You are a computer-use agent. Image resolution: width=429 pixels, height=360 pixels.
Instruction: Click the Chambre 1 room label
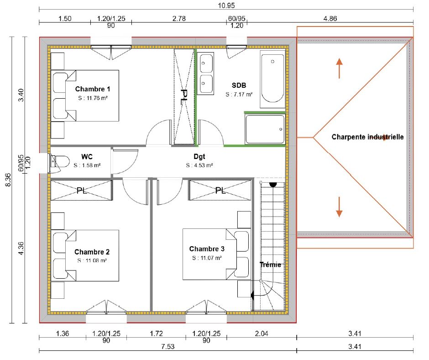93,89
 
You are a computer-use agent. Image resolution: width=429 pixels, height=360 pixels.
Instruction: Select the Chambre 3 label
207,249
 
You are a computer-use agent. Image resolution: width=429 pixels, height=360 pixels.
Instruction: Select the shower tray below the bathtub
265,129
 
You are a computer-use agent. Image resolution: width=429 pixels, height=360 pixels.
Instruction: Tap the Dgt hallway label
192,157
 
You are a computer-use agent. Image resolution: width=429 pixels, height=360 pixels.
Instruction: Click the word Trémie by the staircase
270,265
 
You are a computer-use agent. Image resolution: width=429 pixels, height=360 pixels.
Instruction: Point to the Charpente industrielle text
367,137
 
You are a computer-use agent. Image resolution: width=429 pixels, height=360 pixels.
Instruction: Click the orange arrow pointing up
339,68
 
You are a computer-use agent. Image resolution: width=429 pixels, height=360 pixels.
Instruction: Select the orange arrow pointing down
339,207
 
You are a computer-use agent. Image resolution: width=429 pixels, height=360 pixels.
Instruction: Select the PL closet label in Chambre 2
82,191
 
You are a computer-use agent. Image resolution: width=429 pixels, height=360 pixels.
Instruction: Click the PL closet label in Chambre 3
220,191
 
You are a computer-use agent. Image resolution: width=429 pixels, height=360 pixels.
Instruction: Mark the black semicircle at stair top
272,184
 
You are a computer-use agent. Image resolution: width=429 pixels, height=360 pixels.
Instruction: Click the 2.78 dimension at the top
179,19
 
